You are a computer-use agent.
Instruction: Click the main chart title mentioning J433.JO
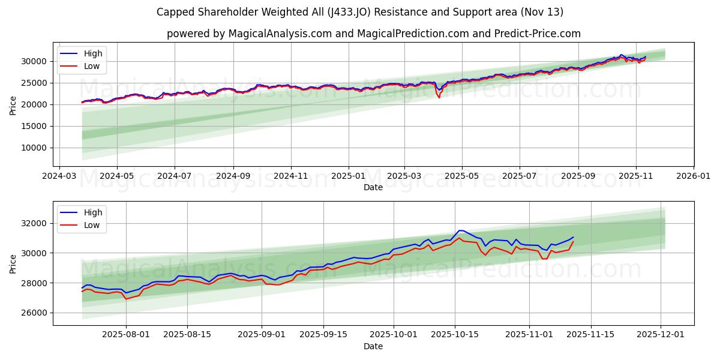coord(359,12)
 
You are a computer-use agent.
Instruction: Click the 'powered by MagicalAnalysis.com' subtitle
coord(373,34)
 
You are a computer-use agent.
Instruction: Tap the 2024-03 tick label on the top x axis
coord(59,176)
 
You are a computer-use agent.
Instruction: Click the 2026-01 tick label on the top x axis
coord(693,176)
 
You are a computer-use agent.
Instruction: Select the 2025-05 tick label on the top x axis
coord(462,176)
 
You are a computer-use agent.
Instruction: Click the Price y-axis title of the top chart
coord(13,106)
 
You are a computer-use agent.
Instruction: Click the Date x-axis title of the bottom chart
coord(373,346)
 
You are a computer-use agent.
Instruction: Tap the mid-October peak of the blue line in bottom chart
coord(460,230)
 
